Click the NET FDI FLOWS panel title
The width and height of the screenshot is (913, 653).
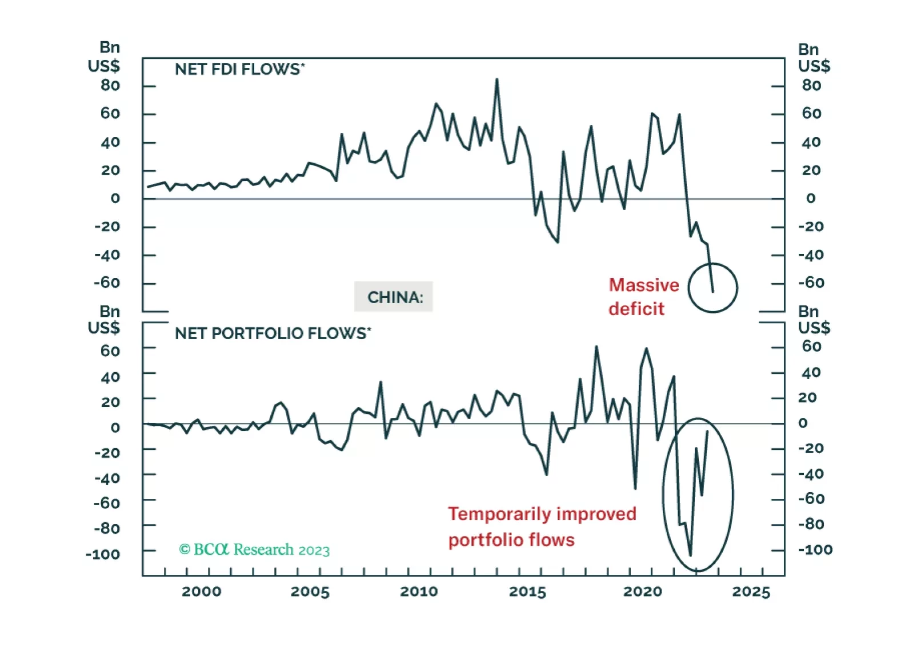point(239,70)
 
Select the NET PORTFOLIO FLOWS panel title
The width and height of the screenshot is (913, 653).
point(273,333)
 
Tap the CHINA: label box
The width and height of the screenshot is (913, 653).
point(394,297)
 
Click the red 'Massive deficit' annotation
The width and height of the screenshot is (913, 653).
point(643,297)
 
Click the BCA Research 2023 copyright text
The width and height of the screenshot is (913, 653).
point(254,550)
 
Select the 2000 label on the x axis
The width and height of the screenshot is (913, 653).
point(201,591)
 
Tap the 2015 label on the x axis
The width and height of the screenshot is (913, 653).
point(527,591)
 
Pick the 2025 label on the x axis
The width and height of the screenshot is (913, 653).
point(751,591)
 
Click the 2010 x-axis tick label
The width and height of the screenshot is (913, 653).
point(419,591)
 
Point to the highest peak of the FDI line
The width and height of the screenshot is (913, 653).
point(496,79)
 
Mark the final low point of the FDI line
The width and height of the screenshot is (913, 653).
point(712,292)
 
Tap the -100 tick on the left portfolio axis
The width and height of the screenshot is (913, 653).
point(103,554)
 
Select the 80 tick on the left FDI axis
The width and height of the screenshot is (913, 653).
point(110,86)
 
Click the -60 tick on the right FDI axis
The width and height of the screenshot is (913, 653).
point(811,283)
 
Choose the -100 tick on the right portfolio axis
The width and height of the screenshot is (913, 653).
point(815,550)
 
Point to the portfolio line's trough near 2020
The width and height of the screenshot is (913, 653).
point(635,489)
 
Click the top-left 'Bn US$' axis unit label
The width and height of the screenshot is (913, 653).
point(105,57)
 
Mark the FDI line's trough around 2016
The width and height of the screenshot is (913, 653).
point(557,243)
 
